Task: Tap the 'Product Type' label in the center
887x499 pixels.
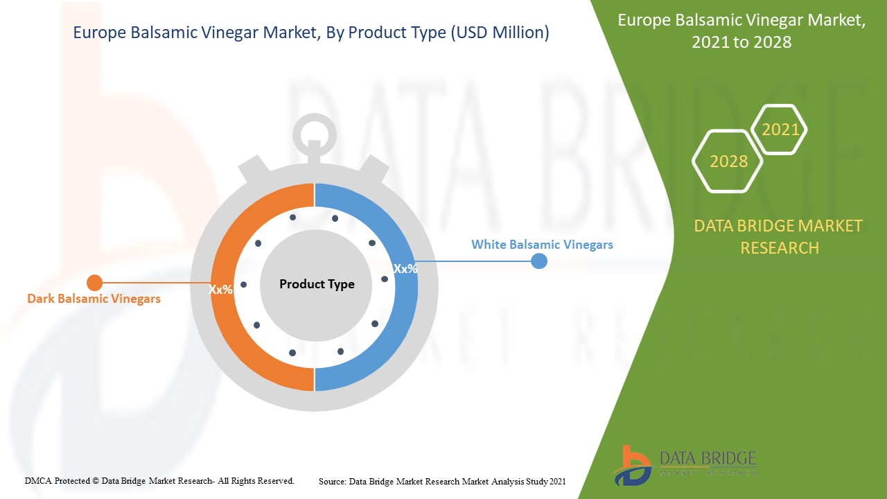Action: pyautogui.click(x=317, y=284)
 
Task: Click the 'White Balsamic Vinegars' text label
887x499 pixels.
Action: pyautogui.click(x=542, y=245)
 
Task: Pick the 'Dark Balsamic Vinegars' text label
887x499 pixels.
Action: pyautogui.click(x=94, y=299)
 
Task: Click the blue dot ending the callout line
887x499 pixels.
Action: pyautogui.click(x=538, y=261)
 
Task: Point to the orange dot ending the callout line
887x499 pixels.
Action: pyautogui.click(x=94, y=283)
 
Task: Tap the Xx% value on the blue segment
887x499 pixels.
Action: pyautogui.click(x=405, y=269)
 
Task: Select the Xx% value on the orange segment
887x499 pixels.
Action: pyautogui.click(x=221, y=290)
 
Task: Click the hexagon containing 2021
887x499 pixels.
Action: pyautogui.click(x=780, y=130)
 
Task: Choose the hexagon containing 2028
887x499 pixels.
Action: pyautogui.click(x=728, y=161)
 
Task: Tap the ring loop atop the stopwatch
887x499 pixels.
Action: pyautogui.click(x=315, y=130)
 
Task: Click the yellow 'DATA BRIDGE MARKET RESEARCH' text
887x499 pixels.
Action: pyautogui.click(x=779, y=236)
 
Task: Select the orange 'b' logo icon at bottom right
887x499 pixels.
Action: pyautogui.click(x=632, y=465)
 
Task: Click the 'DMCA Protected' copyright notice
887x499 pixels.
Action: pyautogui.click(x=159, y=480)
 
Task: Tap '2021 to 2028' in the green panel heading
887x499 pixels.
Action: pyautogui.click(x=741, y=42)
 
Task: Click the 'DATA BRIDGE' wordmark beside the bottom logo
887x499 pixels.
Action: pyautogui.click(x=708, y=459)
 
